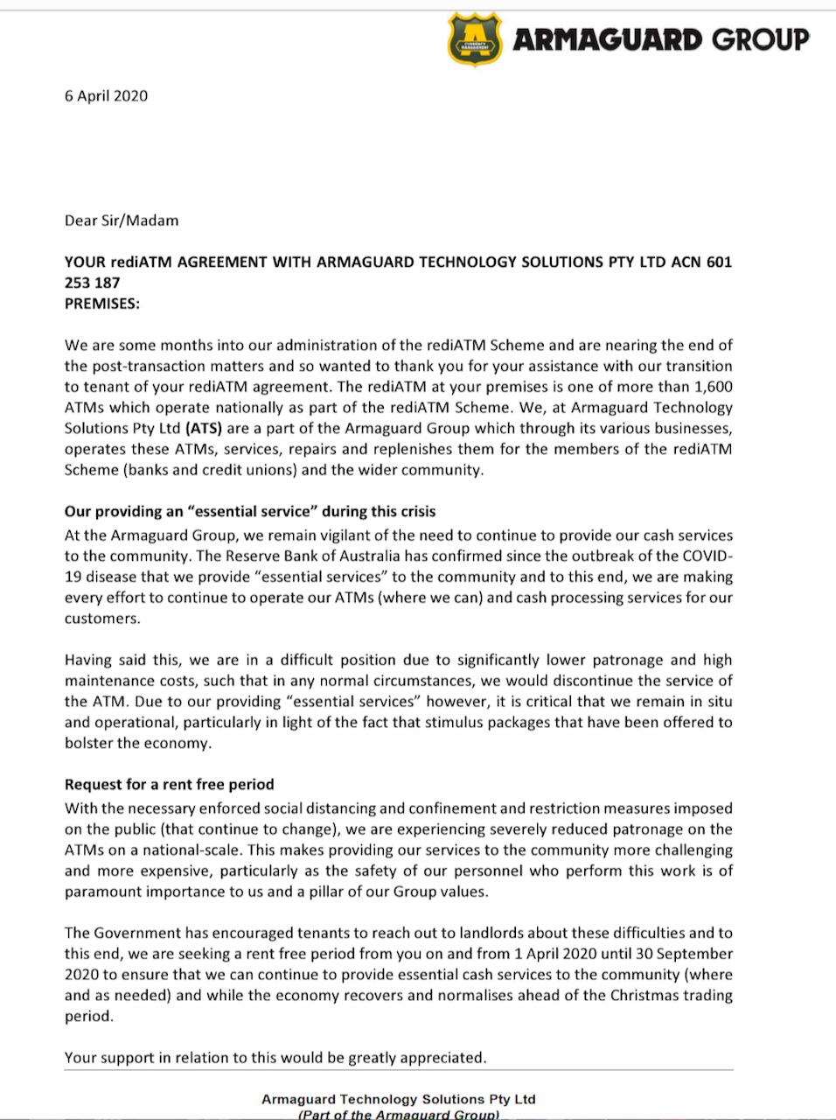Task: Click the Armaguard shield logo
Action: coord(475,38)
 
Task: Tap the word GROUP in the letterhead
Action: coord(760,39)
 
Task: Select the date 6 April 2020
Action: coord(106,96)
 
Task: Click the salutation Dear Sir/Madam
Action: coord(122,220)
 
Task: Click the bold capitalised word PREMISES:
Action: coord(102,304)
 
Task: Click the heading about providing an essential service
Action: coord(250,512)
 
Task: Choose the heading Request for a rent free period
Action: coord(169,785)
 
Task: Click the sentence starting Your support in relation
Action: coord(275,1058)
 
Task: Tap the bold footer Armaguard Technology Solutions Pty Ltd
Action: coord(398,1099)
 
